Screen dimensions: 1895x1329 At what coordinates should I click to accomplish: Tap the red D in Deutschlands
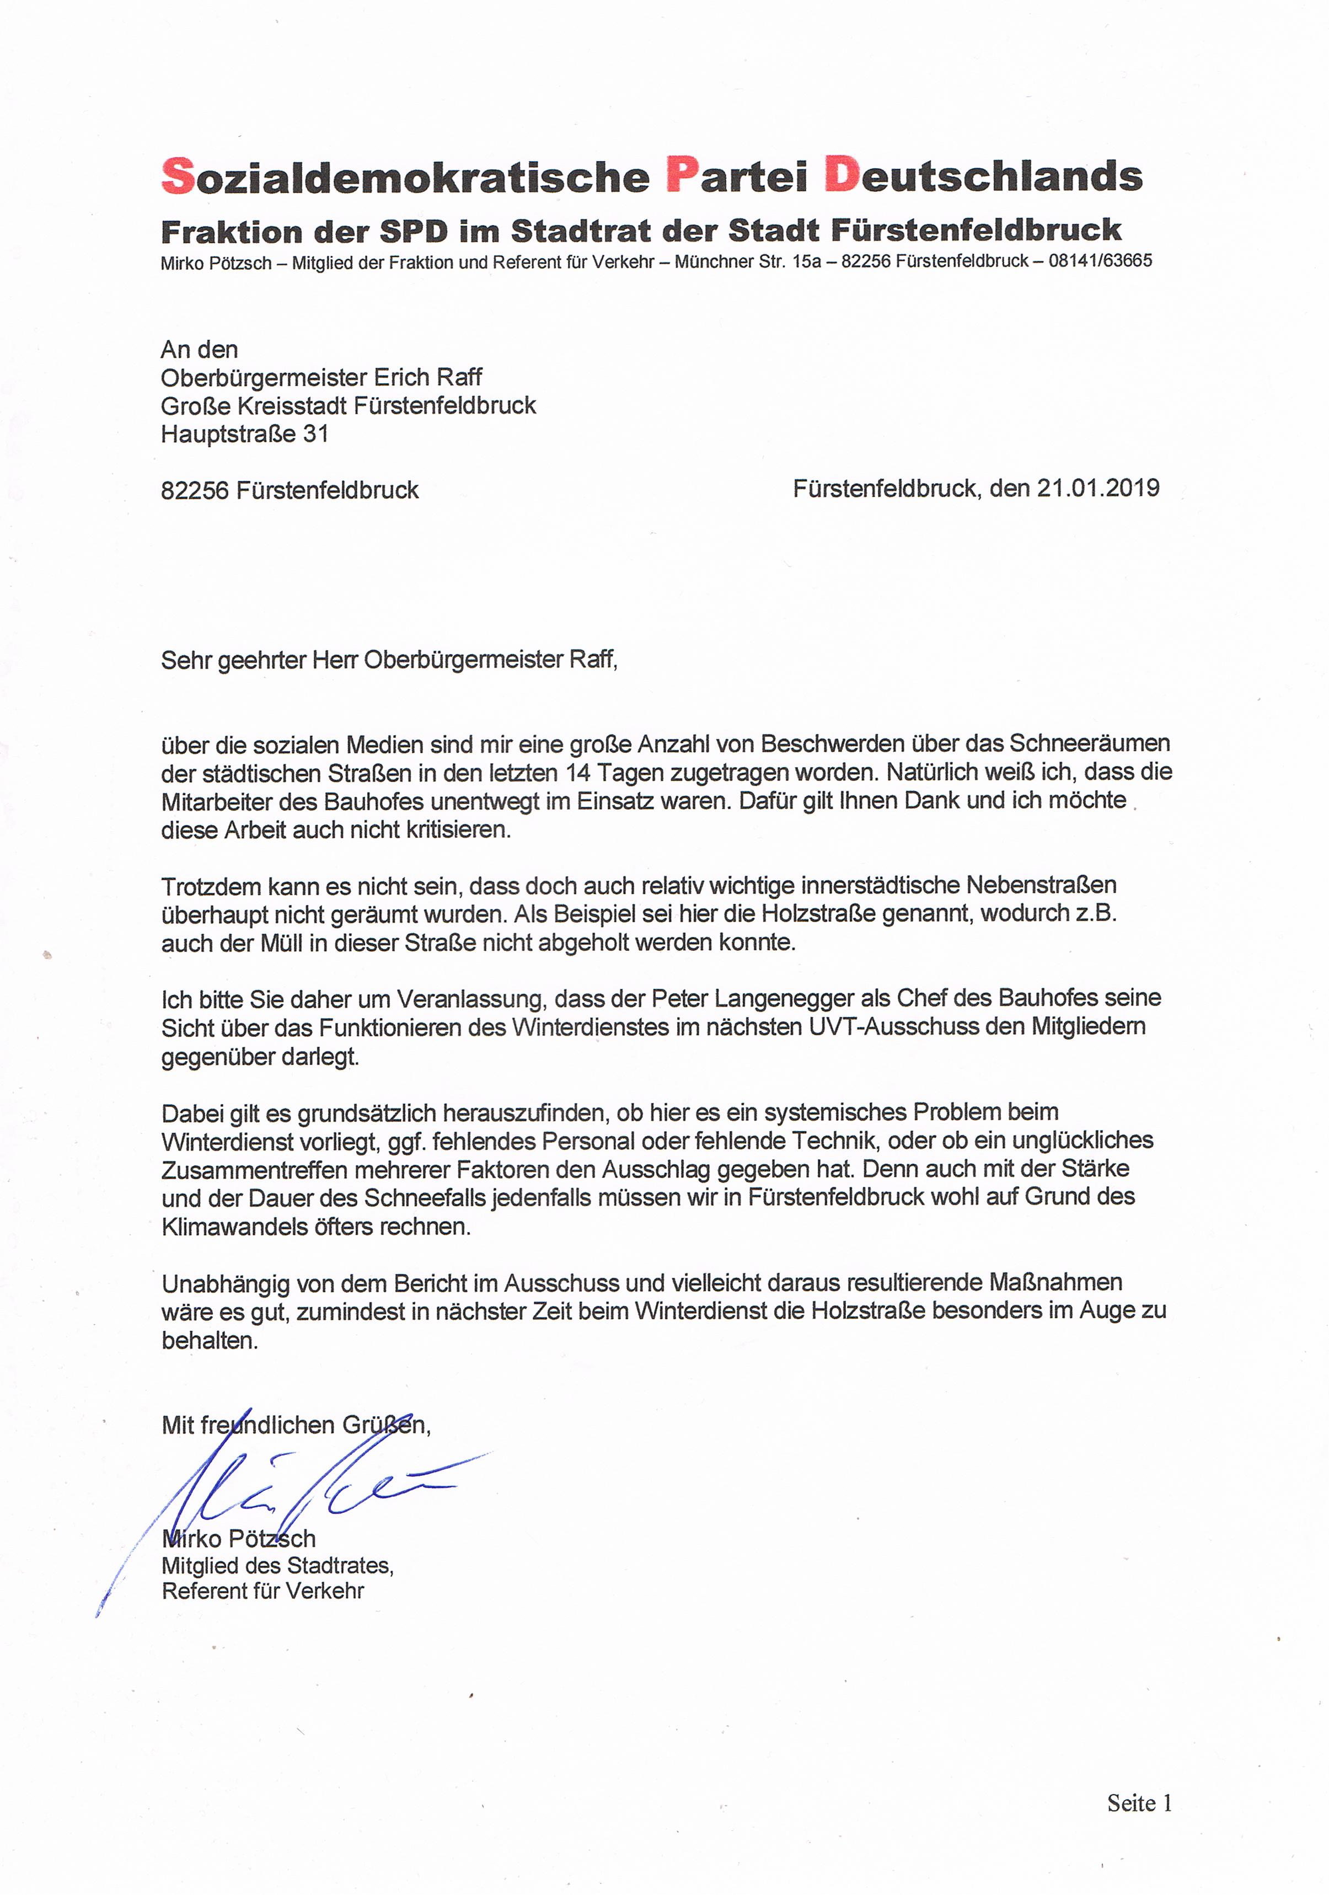point(842,176)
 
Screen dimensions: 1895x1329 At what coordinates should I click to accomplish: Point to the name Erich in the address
point(402,378)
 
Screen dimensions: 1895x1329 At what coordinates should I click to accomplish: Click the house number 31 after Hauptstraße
point(315,434)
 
